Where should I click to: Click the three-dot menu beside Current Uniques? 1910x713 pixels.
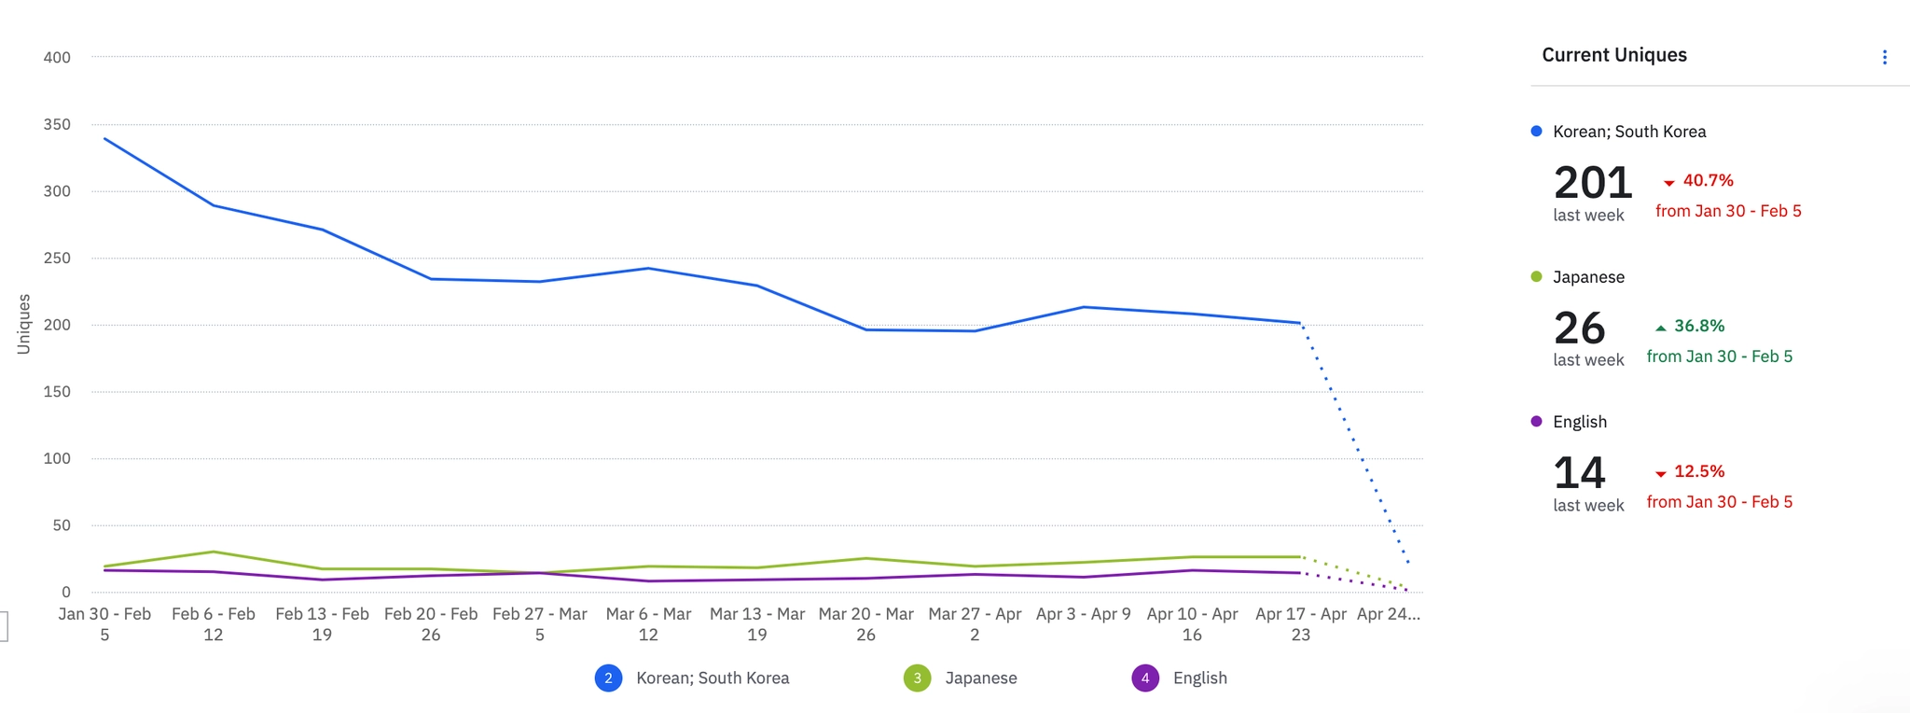click(1884, 58)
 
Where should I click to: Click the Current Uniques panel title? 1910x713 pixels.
click(1613, 55)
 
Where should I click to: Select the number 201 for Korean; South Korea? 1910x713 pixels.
click(1592, 183)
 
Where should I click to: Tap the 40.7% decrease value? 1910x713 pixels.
click(1707, 181)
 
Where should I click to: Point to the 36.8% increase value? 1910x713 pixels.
click(1698, 327)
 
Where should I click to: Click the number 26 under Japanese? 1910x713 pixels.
click(1579, 329)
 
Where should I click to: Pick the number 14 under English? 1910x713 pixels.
click(1579, 473)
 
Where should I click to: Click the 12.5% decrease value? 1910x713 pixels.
click(1698, 472)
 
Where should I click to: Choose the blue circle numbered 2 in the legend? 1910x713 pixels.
click(608, 678)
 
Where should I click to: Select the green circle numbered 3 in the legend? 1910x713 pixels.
click(917, 678)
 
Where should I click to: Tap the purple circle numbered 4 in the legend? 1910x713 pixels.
click(1145, 678)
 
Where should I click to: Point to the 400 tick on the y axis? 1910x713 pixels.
click(57, 58)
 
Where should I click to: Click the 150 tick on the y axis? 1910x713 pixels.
click(57, 392)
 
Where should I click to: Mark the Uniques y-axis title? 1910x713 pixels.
click(24, 324)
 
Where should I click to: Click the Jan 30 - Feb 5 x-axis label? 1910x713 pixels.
click(104, 624)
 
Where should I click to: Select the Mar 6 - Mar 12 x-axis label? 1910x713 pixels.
click(648, 624)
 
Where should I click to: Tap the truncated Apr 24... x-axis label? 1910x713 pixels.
click(1388, 614)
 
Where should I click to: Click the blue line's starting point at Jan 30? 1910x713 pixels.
click(104, 139)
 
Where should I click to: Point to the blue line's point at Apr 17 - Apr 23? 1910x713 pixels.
click(1300, 323)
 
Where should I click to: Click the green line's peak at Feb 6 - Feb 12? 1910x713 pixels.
click(214, 552)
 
